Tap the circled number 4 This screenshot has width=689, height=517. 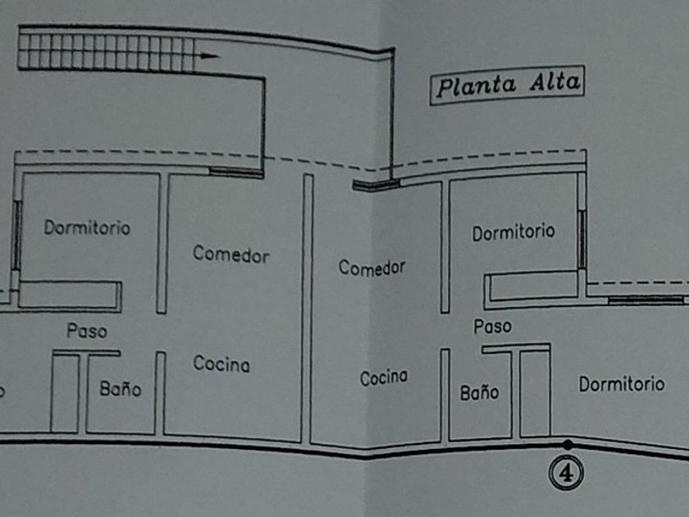(x=567, y=472)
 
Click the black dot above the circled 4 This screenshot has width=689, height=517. (x=567, y=445)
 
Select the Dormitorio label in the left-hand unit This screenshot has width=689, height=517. (x=87, y=227)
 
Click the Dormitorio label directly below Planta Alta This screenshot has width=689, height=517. (x=513, y=232)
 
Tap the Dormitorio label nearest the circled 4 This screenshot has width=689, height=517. (x=621, y=383)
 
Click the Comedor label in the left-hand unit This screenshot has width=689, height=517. (x=230, y=254)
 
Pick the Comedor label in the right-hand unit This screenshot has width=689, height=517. (x=372, y=268)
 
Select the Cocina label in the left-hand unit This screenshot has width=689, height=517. (x=221, y=364)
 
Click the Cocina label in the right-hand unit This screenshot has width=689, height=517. (x=384, y=377)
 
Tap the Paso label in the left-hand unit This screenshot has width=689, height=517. (x=87, y=332)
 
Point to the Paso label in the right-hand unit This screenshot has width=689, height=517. (x=492, y=327)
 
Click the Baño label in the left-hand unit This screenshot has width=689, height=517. (x=120, y=389)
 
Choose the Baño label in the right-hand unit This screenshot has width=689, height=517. (x=479, y=393)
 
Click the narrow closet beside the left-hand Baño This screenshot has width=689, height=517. (x=65, y=392)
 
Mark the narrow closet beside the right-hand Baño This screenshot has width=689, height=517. (x=534, y=392)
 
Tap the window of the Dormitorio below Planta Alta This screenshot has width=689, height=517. (x=582, y=240)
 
